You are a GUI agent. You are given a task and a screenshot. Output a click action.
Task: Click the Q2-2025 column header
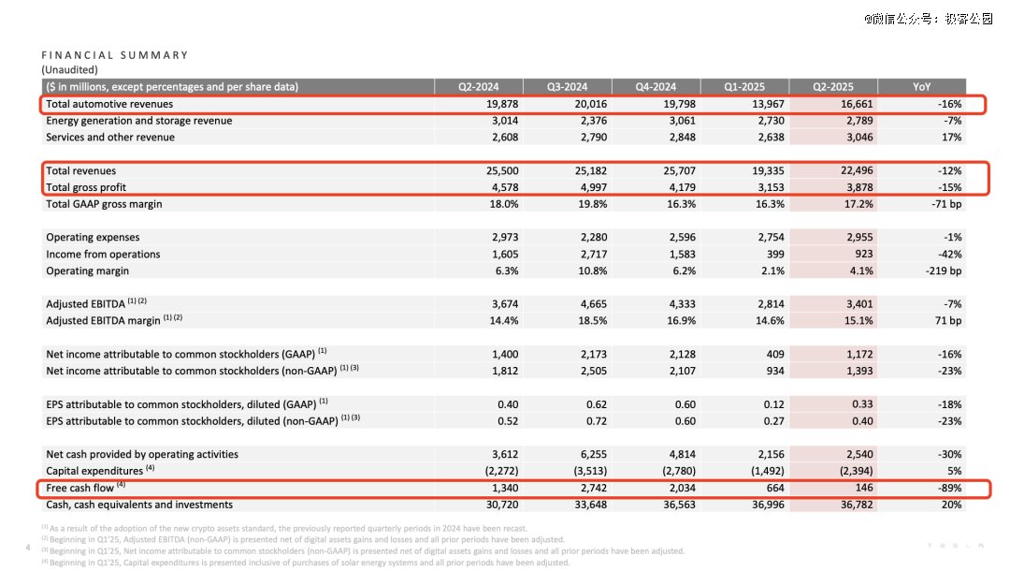pyautogui.click(x=832, y=86)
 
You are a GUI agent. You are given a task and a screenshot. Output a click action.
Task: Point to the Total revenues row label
pyautogui.click(x=81, y=170)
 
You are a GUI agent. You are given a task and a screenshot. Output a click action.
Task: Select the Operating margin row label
pyautogui.click(x=88, y=271)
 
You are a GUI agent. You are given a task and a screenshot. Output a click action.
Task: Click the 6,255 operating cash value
pyautogui.click(x=592, y=454)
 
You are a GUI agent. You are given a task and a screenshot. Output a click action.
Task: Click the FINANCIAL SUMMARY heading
pyautogui.click(x=115, y=55)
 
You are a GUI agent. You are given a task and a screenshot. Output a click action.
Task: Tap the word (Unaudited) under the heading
pyautogui.click(x=69, y=69)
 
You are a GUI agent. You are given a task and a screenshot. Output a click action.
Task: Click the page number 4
pyautogui.click(x=29, y=546)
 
